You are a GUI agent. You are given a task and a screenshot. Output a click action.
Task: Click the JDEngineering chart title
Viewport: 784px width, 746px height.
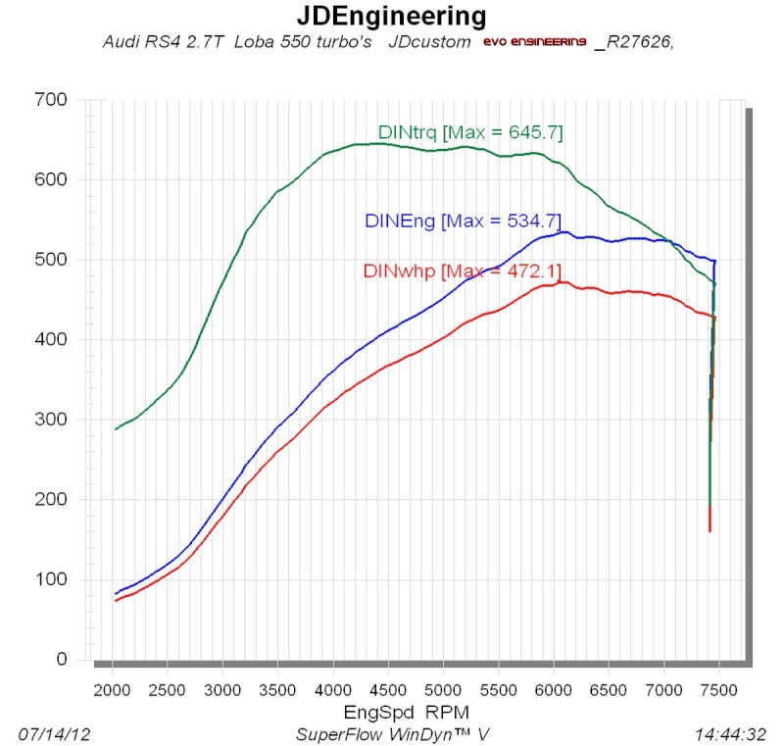[x=391, y=16]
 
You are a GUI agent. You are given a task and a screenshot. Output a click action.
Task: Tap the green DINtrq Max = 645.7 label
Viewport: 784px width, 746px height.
[x=470, y=132]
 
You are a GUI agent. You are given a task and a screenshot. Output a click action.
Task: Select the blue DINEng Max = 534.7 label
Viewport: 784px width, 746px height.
[x=462, y=222]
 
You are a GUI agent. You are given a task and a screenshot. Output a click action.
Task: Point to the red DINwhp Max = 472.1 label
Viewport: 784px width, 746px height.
[x=462, y=271]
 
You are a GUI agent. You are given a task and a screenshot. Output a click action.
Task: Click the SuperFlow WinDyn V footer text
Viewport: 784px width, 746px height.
[x=391, y=733]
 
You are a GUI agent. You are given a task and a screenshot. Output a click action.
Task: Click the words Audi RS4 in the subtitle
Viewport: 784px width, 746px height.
[x=133, y=43]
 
